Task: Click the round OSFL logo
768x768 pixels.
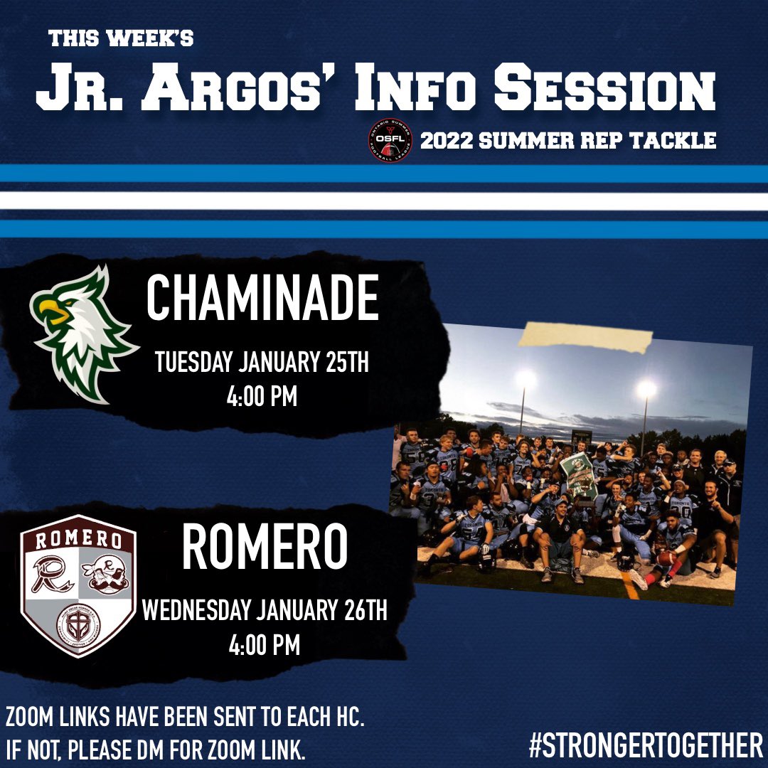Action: point(390,140)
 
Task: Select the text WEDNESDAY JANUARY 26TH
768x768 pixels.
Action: point(265,610)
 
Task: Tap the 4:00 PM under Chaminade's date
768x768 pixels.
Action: point(262,396)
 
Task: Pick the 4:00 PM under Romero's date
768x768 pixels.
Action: point(265,646)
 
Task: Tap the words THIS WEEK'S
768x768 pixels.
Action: point(121,39)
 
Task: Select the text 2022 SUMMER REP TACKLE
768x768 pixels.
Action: point(567,141)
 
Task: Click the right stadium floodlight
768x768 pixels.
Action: point(646,388)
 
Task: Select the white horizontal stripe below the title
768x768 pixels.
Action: point(384,201)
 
